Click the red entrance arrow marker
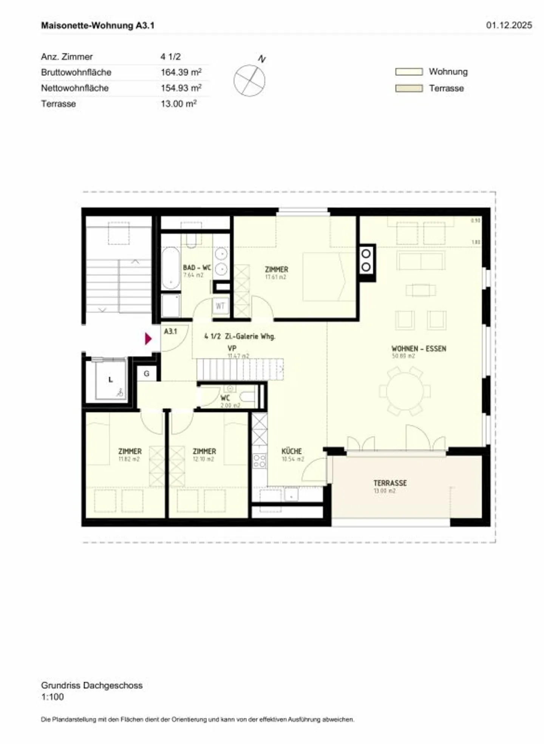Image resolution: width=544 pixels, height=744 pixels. (148, 339)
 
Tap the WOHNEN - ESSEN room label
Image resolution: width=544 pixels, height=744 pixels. (419, 349)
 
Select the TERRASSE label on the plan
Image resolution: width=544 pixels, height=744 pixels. (390, 483)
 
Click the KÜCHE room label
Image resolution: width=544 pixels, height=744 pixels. (292, 451)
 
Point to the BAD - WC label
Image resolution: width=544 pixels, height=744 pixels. (197, 268)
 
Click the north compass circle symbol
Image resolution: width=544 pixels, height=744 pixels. (249, 80)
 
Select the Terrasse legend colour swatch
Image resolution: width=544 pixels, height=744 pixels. (409, 88)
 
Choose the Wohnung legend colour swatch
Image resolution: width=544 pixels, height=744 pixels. (409, 72)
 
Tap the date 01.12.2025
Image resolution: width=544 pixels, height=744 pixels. (509, 25)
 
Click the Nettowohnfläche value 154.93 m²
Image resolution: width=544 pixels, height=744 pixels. (181, 88)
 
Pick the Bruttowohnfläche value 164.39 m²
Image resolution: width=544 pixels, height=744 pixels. (181, 72)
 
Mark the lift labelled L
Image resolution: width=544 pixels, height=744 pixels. (111, 380)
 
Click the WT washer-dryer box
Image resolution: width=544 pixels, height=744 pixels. (220, 306)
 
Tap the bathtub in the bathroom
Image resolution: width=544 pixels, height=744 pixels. (171, 268)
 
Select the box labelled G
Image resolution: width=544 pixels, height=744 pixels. (147, 374)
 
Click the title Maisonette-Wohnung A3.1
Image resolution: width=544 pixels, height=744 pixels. (98, 26)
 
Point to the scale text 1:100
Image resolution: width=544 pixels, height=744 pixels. (53, 697)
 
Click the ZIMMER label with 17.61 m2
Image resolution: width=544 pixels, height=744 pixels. (277, 269)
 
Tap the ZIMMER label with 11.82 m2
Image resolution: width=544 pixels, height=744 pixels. (130, 452)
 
